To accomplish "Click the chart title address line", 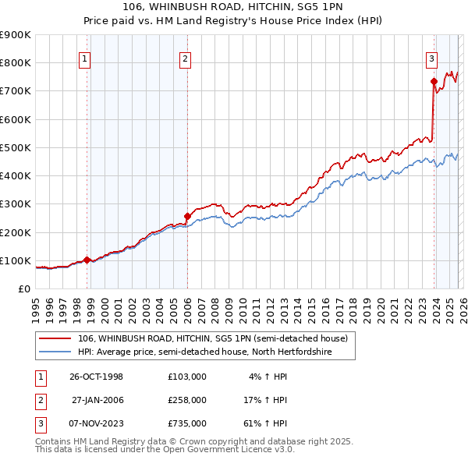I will (234, 7).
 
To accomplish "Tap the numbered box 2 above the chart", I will (185, 58).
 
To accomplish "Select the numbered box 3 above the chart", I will (431, 58).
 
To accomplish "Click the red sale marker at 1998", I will (87, 260).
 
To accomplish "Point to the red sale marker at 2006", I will (187, 216).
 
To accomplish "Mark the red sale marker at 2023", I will (433, 81).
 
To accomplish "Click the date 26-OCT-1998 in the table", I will (96, 377).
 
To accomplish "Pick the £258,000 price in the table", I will (186, 400).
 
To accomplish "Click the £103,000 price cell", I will (186, 377).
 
